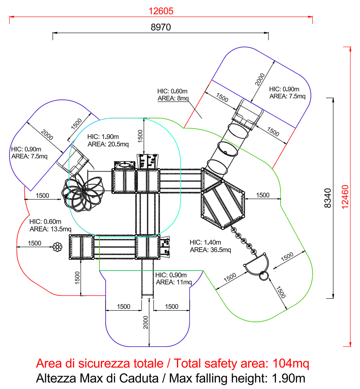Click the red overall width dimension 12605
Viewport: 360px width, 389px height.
pos(161,11)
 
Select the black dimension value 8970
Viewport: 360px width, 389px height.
pos(161,27)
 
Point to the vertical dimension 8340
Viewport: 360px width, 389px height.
pos(328,198)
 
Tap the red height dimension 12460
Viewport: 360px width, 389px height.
pos(345,197)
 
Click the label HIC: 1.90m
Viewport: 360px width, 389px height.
pos(103,137)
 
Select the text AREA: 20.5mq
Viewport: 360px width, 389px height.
pos(108,144)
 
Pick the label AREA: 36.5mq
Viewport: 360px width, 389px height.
pos(210,250)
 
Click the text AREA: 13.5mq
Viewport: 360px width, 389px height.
pos(51,229)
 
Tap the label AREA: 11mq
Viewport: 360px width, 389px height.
pos(174,282)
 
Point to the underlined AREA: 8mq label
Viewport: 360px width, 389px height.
pos(173,98)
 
